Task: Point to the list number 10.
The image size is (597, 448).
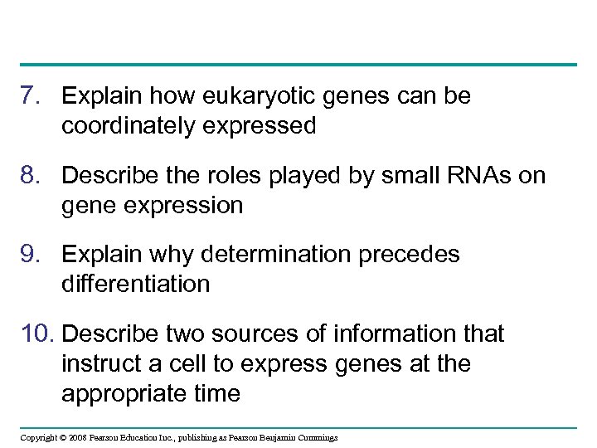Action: (36, 334)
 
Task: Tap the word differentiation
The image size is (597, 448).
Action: (135, 284)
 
